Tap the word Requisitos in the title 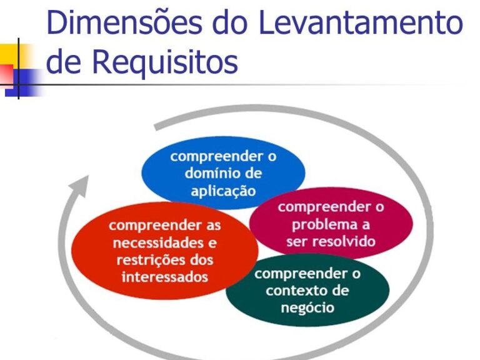click(165, 61)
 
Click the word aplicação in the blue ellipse click(223, 191)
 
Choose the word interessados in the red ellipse click(165, 277)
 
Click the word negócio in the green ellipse click(307, 307)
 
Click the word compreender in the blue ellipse click(217, 157)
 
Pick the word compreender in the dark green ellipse click(301, 274)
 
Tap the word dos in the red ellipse click(201, 260)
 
